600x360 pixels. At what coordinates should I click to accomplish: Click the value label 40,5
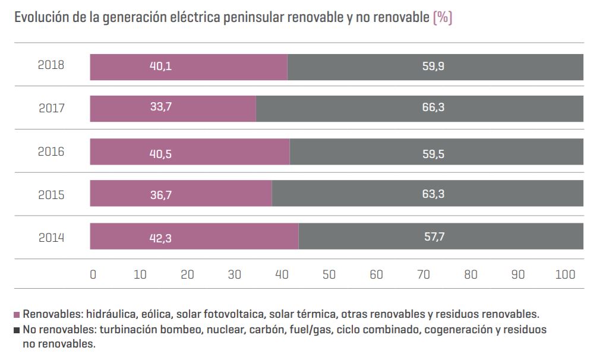[160, 154]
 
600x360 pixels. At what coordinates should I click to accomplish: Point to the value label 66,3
[433, 108]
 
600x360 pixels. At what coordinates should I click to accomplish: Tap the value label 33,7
[160, 108]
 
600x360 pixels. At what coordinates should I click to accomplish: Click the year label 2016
[51, 152]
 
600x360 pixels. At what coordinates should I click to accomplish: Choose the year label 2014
[51, 238]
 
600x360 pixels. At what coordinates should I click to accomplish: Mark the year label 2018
[51, 65]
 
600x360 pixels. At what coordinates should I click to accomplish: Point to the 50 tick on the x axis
[329, 274]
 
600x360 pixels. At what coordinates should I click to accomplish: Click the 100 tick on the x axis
[565, 274]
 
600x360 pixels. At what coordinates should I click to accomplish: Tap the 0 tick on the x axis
[93, 274]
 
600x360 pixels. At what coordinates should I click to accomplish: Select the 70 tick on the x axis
[424, 274]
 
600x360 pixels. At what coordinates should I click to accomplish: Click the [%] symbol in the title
[443, 18]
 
